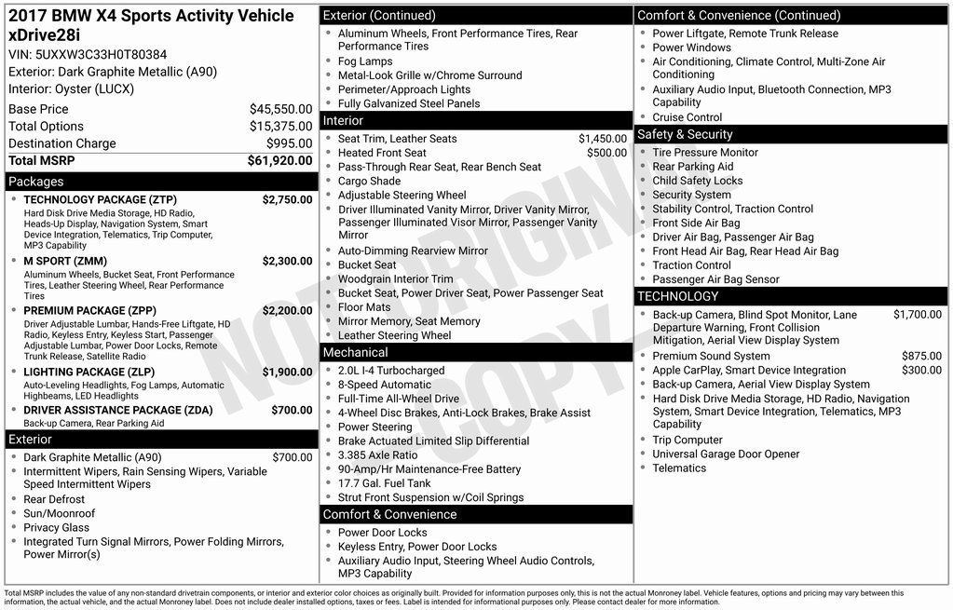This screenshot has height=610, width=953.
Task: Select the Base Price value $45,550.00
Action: pos(280,109)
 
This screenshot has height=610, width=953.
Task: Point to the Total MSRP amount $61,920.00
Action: pos(279,160)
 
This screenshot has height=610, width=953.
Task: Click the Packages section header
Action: pos(36,182)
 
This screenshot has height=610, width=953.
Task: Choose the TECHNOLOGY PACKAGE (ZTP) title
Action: pos(100,199)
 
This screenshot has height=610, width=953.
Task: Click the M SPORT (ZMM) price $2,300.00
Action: pos(287,262)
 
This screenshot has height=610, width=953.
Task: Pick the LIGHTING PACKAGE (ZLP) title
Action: pos(88,372)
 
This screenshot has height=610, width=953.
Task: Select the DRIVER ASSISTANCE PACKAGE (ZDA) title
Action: pos(117,410)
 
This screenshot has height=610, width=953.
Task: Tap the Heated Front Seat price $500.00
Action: pos(606,153)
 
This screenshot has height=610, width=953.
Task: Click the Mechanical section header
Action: pos(355,352)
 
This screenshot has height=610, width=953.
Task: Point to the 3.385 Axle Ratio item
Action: pos(377,455)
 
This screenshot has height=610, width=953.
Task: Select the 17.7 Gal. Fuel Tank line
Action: pos(384,483)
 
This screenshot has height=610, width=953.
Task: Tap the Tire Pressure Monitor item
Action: pos(705,153)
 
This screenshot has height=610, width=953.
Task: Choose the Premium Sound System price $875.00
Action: pos(921,356)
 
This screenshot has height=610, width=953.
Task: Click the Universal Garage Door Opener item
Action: pos(726,454)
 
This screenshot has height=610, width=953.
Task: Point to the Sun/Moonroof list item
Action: pos(59,513)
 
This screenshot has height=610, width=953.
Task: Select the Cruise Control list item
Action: pos(687,117)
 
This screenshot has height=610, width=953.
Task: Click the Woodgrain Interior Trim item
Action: pos(395,279)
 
